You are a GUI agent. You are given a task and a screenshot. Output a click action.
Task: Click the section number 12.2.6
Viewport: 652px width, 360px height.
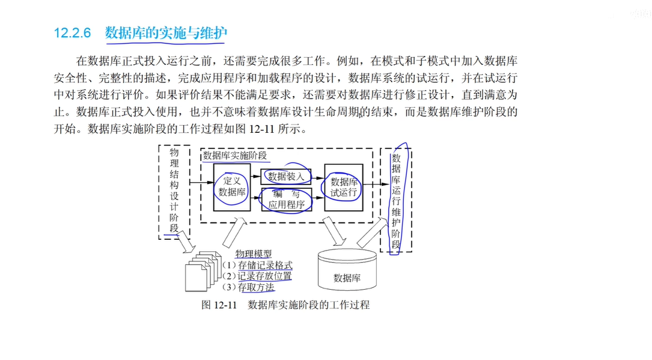tap(72, 33)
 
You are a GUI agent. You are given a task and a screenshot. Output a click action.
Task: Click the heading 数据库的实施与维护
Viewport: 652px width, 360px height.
tap(166, 33)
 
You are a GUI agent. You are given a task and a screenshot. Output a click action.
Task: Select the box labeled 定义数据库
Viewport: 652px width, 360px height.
tap(232, 187)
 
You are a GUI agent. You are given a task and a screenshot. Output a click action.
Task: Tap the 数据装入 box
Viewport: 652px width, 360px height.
tap(286, 177)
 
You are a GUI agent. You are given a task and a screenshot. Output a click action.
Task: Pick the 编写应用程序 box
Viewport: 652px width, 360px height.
tap(286, 199)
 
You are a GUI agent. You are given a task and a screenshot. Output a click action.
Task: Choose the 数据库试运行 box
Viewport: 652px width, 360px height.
tap(344, 187)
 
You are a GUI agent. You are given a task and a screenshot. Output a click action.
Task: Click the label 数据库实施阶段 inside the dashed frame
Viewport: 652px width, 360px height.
tap(235, 156)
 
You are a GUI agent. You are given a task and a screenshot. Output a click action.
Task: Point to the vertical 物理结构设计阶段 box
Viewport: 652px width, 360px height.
tap(174, 191)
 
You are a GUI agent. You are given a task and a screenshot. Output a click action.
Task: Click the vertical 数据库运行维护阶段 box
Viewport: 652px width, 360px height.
tap(396, 198)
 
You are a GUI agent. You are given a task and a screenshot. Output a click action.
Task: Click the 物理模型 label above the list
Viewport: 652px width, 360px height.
tap(253, 254)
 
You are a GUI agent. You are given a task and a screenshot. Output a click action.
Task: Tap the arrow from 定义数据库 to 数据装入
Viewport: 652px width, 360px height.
tap(255, 177)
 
